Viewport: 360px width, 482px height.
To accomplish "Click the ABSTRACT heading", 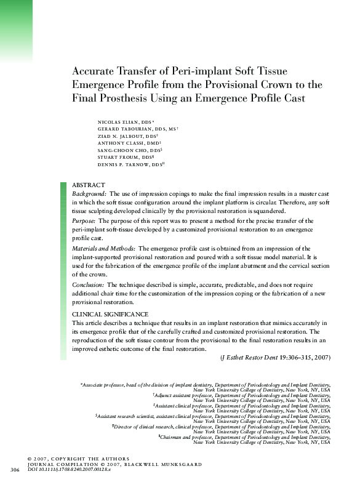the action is (89, 185).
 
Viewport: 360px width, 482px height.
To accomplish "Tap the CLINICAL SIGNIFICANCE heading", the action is (110, 315).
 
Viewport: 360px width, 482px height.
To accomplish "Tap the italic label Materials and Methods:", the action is (104, 247).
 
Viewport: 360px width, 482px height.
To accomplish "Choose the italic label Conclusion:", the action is (89, 285).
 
